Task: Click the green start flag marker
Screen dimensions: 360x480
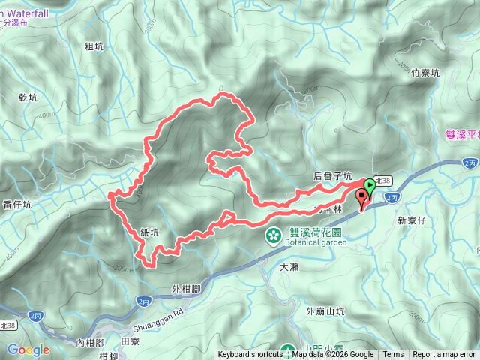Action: [x=370, y=186]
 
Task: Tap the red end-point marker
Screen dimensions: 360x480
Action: [x=364, y=198]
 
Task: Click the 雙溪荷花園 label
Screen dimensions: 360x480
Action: [x=308, y=232]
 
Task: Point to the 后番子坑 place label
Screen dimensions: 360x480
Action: [x=332, y=176]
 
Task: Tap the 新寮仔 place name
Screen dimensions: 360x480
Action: [x=412, y=220]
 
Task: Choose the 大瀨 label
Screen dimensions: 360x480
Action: [x=289, y=266]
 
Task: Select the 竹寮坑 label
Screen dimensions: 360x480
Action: [x=425, y=73]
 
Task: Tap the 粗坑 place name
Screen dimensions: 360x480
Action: [x=94, y=46]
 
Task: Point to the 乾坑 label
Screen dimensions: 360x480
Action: [x=27, y=97]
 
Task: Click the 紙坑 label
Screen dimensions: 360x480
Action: [x=149, y=233]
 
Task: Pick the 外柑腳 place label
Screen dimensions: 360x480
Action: [x=187, y=288]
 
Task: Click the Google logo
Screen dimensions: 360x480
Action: [x=28, y=349]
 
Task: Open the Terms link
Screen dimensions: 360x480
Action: [x=393, y=355]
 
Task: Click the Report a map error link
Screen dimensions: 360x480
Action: [x=444, y=355]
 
